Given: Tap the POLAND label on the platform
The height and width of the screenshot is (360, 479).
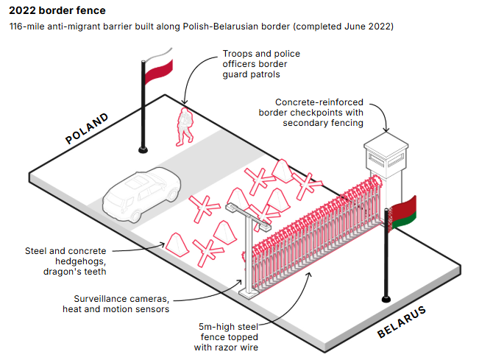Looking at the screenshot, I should pos(87,128).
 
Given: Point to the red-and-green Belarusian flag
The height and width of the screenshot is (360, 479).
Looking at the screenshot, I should pos(402,213).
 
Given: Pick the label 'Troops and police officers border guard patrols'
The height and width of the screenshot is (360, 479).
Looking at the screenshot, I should pos(261,64).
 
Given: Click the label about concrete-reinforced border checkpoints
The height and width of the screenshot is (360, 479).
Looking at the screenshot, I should pos(319,113).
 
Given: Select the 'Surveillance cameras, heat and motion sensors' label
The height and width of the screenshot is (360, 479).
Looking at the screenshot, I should pos(122,304).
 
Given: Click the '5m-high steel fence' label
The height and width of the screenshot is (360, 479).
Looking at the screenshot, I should pos(229,336).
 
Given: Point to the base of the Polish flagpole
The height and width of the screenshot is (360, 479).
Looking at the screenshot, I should pos(142,149).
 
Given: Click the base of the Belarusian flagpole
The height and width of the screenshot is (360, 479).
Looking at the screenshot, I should pos(386,298).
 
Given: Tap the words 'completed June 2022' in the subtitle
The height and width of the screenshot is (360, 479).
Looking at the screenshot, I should pos(344,27).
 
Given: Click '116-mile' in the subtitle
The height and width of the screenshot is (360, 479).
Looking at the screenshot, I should pos(26,27).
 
